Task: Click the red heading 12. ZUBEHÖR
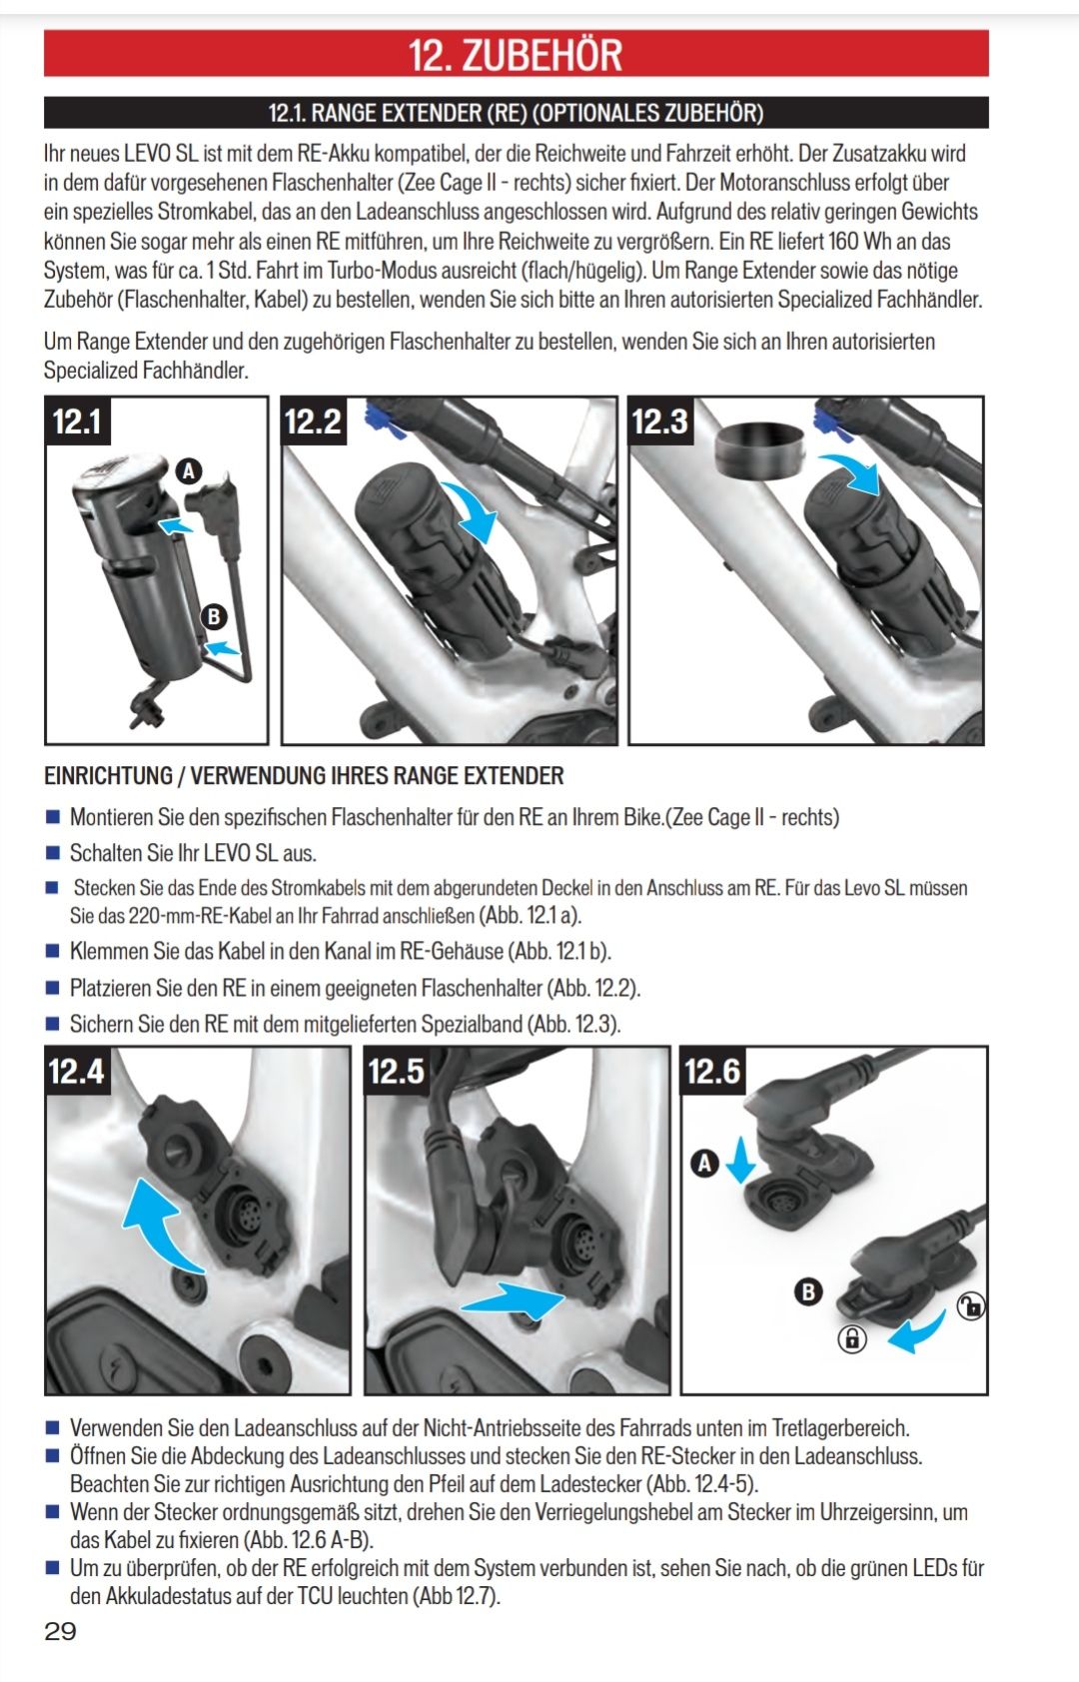(516, 55)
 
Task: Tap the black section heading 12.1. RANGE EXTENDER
(516, 113)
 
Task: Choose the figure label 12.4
(77, 1071)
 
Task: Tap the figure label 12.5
(396, 1071)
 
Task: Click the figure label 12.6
(712, 1071)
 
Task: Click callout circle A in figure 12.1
(189, 470)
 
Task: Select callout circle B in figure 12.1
(214, 616)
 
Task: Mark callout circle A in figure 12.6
(704, 1164)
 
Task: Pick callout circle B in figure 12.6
(808, 1292)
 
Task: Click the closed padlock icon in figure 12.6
(852, 1338)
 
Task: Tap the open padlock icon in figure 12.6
(971, 1306)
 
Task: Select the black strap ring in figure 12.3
(760, 451)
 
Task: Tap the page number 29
(60, 1630)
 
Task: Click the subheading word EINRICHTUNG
(108, 776)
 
